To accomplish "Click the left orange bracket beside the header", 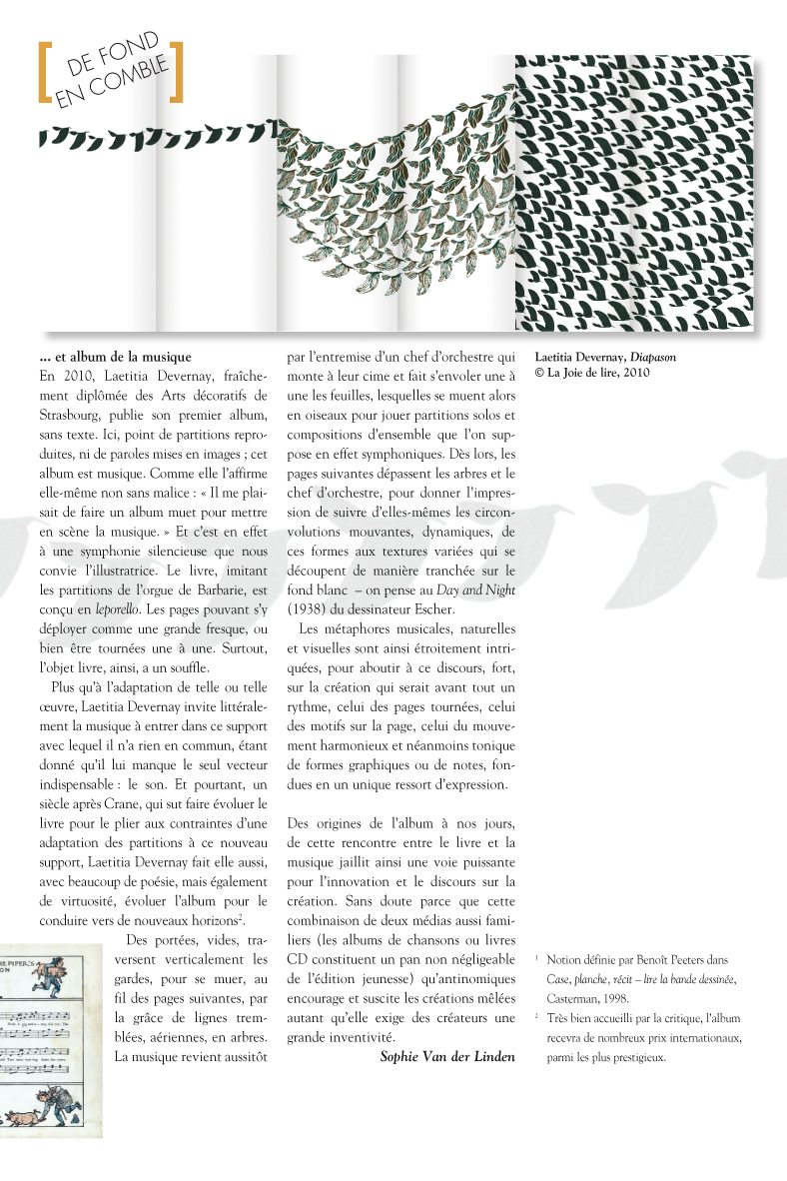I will [x=44, y=72].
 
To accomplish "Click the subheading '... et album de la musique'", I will [x=115, y=356].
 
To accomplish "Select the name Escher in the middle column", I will [x=431, y=609].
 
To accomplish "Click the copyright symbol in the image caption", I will [x=540, y=374].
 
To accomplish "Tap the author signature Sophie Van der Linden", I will [x=447, y=1056].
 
